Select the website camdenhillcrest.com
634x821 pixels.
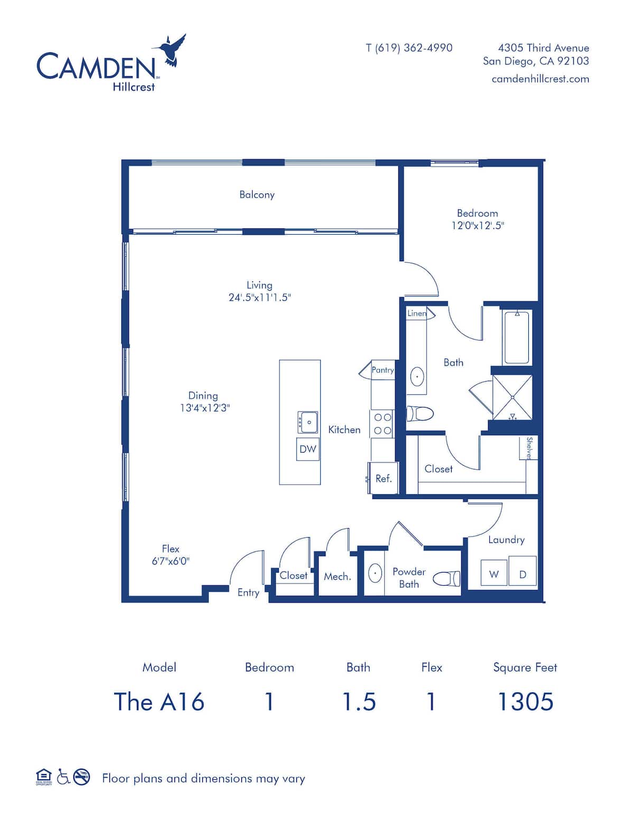pos(540,79)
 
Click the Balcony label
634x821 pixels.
pos(257,195)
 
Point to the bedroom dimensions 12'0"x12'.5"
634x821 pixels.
pos(478,226)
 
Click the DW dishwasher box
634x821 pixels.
pos(307,449)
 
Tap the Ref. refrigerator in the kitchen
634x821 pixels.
pos(383,478)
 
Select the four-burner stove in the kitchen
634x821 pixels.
pos(383,423)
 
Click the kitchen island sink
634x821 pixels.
pos(307,422)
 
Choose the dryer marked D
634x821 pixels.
pos(523,571)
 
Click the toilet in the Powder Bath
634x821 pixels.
pos(446,578)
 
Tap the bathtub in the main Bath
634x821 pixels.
pos(517,337)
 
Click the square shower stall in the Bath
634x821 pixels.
pos(512,397)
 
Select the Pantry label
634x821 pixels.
pos(383,370)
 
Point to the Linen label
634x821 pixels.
pos(417,313)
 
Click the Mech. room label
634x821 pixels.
pos(337,577)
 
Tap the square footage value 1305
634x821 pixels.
pos(526,702)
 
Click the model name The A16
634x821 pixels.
pos(159,702)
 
